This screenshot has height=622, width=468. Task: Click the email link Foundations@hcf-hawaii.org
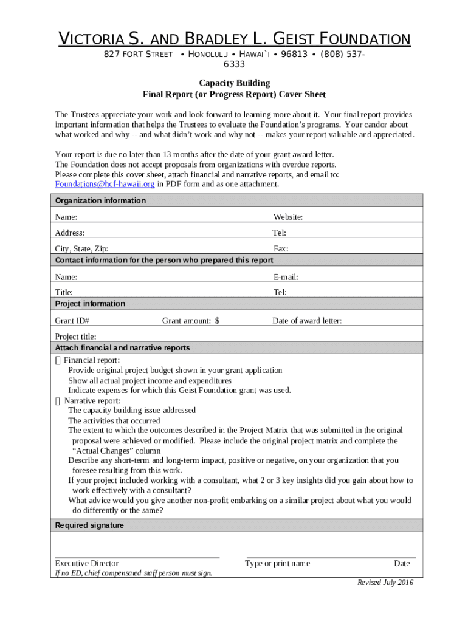[105, 184]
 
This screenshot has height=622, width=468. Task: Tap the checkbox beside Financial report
[58, 360]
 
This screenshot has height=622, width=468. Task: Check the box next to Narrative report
[58, 401]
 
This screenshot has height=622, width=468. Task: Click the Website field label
[288, 217]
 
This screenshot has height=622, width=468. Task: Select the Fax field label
[281, 248]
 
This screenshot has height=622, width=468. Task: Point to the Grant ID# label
[72, 321]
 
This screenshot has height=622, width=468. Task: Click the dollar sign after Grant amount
[217, 321]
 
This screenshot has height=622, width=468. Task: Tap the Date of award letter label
[307, 321]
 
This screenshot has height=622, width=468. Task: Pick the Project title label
[75, 337]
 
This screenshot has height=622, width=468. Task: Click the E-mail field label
[286, 277]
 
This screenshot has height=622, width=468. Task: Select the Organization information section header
[100, 200]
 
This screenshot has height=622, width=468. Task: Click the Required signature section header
[89, 525]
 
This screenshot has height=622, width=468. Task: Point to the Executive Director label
[87, 563]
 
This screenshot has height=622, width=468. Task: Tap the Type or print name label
[277, 563]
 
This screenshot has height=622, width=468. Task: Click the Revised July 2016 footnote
[385, 583]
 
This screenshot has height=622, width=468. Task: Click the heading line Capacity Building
[234, 83]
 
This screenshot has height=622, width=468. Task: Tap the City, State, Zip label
[82, 248]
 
